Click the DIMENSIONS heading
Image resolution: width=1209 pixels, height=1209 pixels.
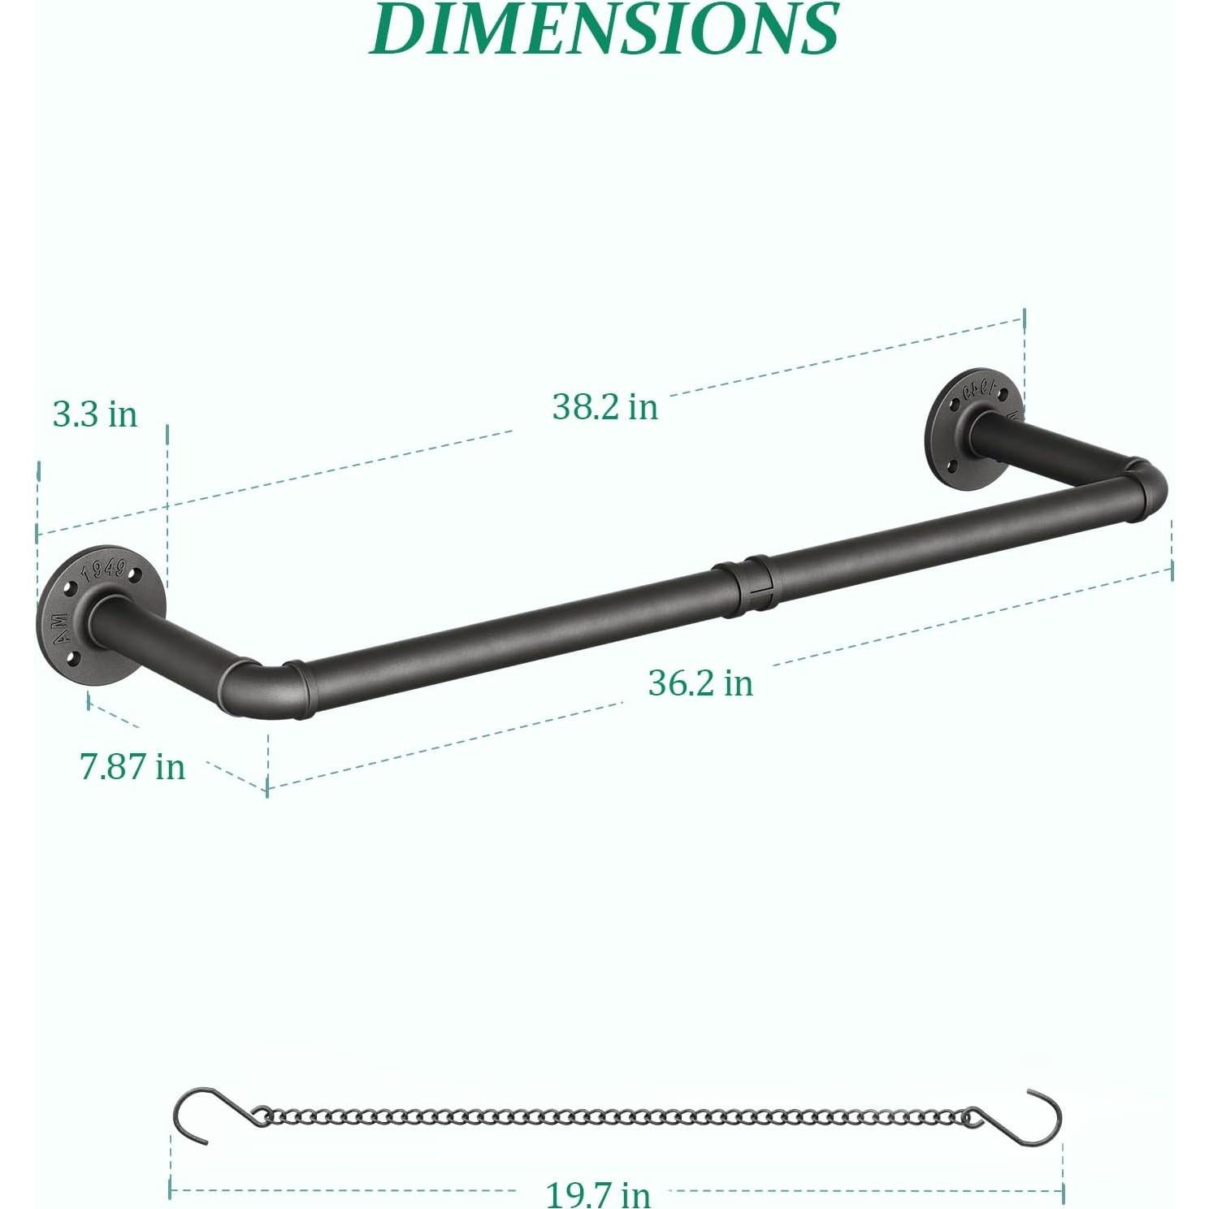pyautogui.click(x=604, y=29)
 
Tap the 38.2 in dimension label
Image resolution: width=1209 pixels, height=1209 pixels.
pyautogui.click(x=604, y=406)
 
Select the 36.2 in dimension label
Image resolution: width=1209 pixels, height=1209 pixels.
pyautogui.click(x=700, y=682)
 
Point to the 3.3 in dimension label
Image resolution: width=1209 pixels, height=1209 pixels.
pyautogui.click(x=95, y=414)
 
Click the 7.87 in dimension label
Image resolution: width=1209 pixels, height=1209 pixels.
pyautogui.click(x=132, y=766)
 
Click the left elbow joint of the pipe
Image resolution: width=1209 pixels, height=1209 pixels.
pyautogui.click(x=260, y=687)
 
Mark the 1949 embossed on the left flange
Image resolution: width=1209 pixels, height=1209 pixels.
pyautogui.click(x=105, y=567)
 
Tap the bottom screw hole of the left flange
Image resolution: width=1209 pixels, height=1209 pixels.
pyautogui.click(x=73, y=657)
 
